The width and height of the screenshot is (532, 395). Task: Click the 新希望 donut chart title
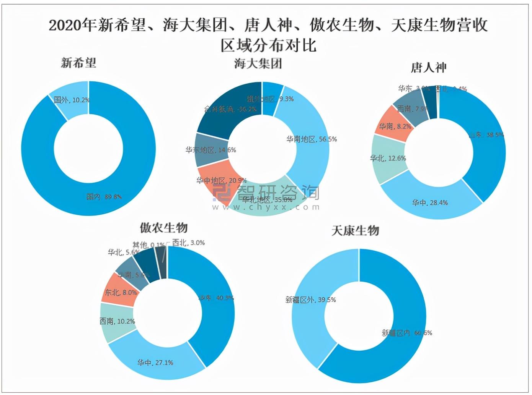point(78,63)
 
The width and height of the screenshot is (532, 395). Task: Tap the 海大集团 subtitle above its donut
point(258,63)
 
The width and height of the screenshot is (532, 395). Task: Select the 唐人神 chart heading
point(429,68)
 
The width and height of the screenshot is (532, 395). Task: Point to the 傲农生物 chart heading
point(163,228)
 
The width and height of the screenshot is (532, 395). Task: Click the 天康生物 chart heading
point(355,231)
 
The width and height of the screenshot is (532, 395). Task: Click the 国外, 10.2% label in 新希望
point(72,100)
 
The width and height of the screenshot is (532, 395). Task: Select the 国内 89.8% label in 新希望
point(104,197)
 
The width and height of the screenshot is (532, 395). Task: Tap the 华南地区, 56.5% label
point(312,139)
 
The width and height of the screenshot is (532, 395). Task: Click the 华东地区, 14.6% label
point(211,150)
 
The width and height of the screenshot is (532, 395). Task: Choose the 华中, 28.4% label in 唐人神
point(429,203)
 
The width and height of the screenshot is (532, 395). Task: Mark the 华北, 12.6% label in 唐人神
point(388,158)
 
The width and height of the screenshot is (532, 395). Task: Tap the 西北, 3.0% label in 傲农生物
point(188,243)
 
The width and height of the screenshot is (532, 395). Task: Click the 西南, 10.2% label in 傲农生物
point(117,321)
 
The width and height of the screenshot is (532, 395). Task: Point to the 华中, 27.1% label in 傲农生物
point(155,363)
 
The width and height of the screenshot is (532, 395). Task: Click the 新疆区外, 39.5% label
point(310,300)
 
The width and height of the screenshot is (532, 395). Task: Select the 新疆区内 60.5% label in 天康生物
point(407,333)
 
